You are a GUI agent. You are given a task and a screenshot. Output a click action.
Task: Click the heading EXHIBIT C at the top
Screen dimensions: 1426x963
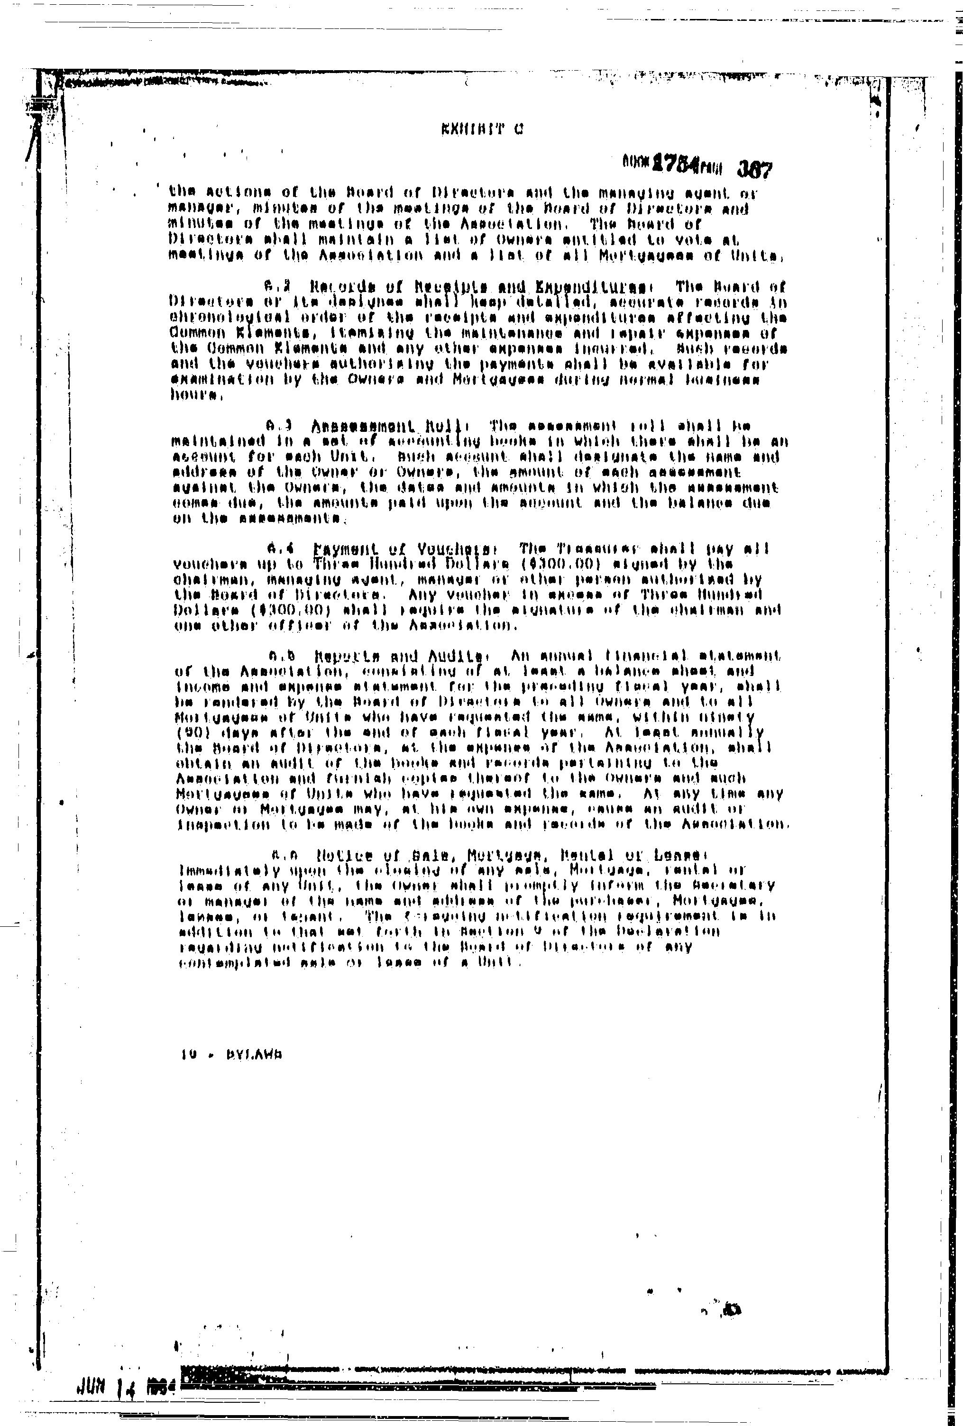coord(482,129)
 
